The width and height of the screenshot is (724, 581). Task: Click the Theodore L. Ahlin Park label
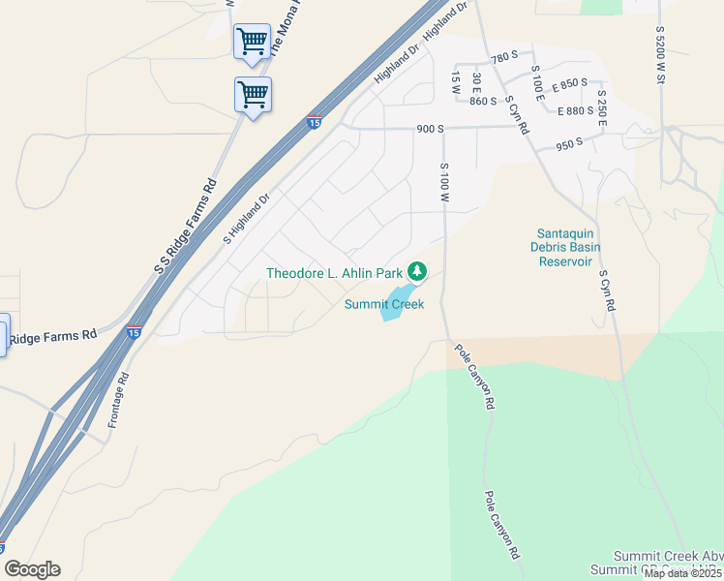click(x=335, y=273)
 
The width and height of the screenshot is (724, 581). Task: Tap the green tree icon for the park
click(x=417, y=271)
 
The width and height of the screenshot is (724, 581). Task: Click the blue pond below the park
click(x=398, y=301)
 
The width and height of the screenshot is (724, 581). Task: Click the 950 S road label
click(x=569, y=143)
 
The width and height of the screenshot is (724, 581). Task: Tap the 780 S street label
click(x=505, y=59)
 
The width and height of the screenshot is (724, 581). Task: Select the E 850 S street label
click(x=569, y=84)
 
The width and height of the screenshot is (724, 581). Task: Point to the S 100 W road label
click(x=446, y=183)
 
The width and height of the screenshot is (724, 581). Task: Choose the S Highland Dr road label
click(x=246, y=218)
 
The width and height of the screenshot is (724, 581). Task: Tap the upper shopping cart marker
click(x=252, y=43)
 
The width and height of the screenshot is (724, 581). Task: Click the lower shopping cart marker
click(x=253, y=95)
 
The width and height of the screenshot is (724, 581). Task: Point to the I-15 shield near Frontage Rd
click(x=135, y=332)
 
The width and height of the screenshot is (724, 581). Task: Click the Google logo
click(x=31, y=569)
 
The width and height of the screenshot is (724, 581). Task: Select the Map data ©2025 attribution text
click(x=682, y=573)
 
